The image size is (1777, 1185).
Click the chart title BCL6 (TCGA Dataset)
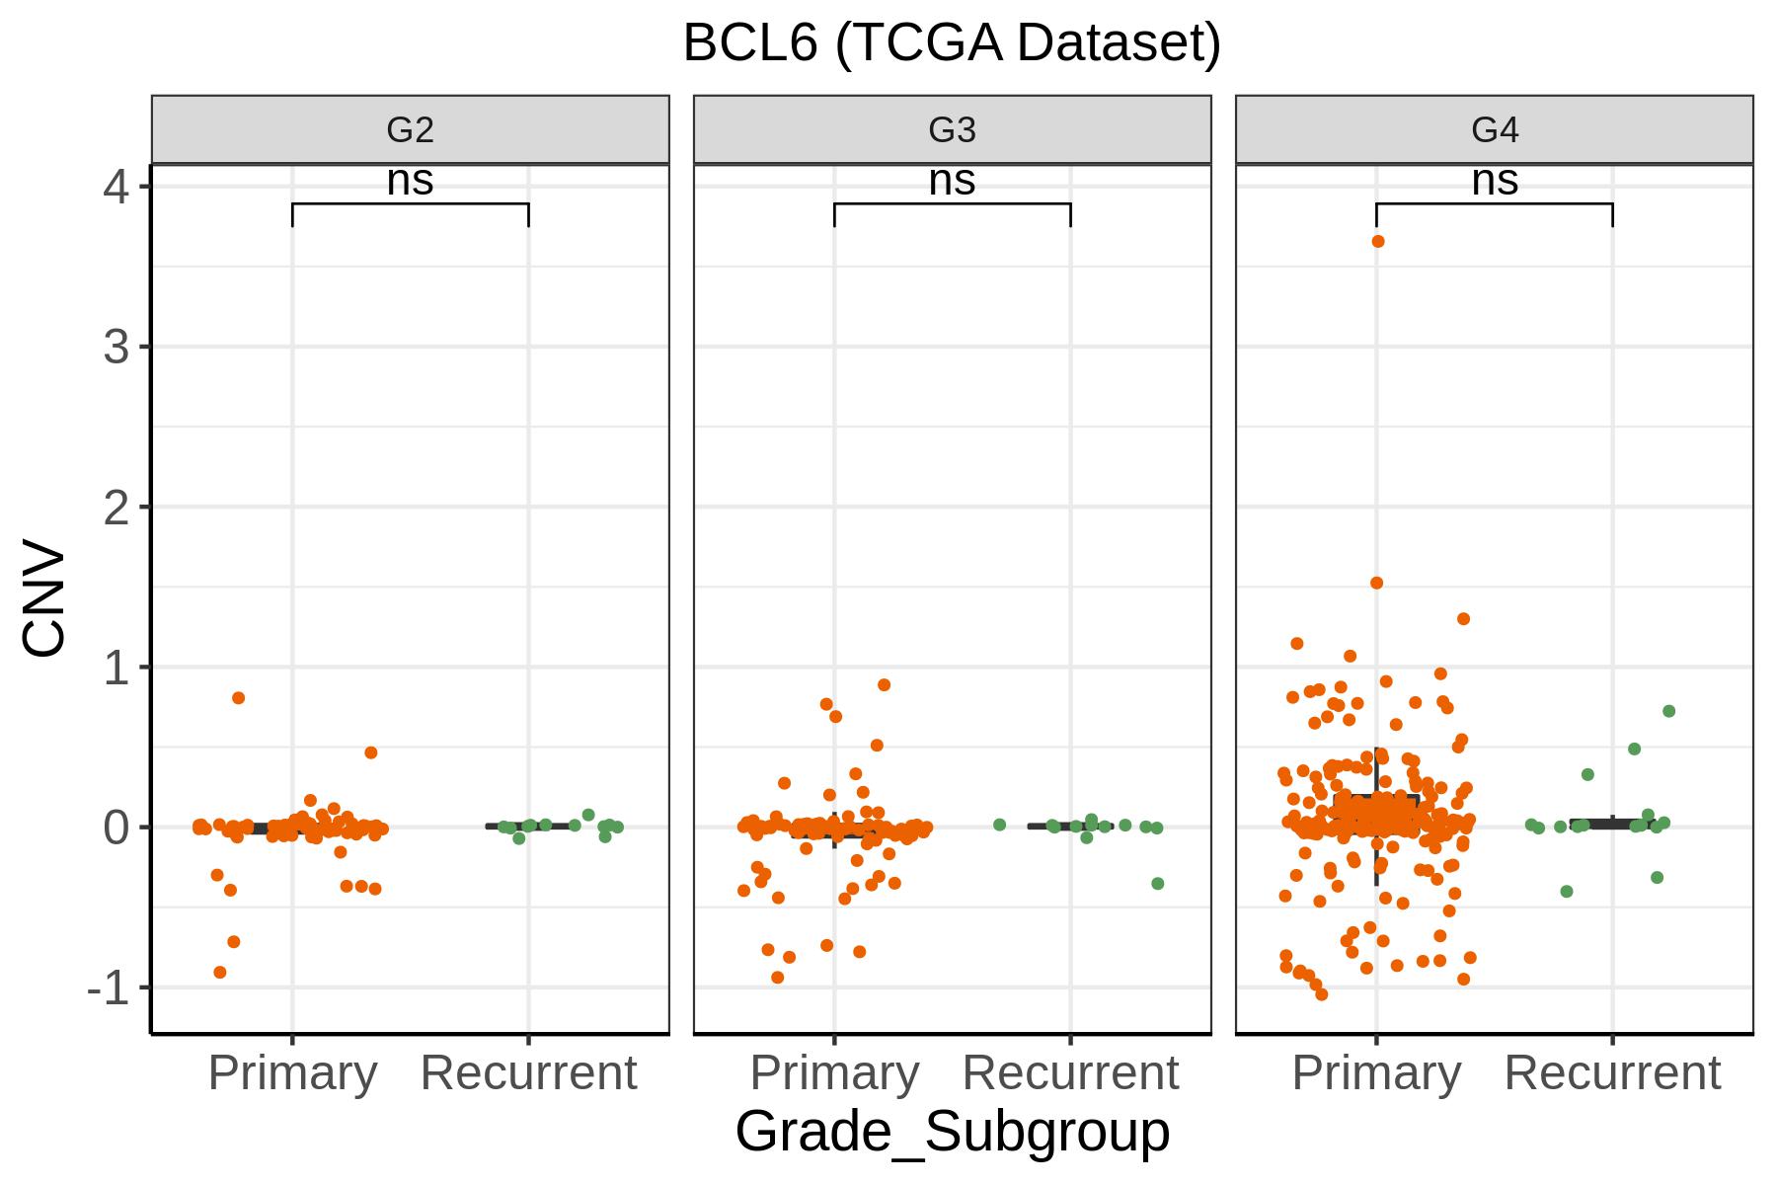coord(952,43)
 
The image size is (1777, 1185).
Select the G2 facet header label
coord(410,129)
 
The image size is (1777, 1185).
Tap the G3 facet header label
coord(952,129)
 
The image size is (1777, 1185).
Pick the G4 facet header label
coord(1495,129)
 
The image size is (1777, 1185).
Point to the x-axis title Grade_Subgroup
coord(952,1132)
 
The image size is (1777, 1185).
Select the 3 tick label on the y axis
coord(116,347)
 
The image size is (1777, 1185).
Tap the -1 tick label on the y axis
coord(109,987)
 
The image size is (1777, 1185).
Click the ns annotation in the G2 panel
coord(410,181)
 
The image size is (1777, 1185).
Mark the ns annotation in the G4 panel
coord(1495,181)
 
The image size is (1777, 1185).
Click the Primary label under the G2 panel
coord(292,1073)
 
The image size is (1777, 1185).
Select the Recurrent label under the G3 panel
coord(1070,1073)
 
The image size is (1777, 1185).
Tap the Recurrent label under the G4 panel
coord(1612,1073)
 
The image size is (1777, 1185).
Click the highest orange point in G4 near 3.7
coord(1378,241)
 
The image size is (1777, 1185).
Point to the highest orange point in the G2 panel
coord(238,698)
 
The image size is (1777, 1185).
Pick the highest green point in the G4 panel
coord(1669,711)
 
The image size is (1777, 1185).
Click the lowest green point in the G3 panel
coord(1158,884)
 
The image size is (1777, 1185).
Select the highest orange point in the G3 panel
coord(885,684)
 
